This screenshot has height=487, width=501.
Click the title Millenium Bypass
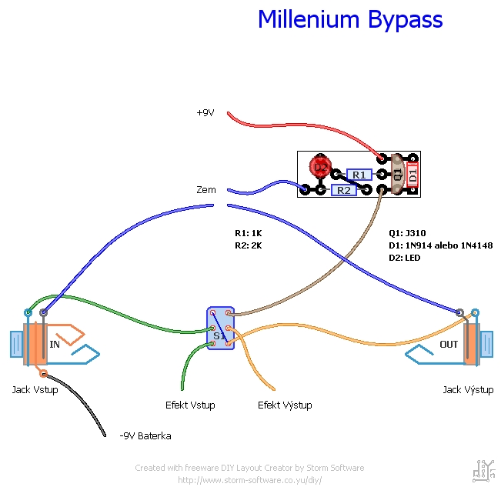point(350,19)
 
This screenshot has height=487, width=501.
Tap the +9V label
point(205,112)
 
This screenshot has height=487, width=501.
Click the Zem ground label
point(206,189)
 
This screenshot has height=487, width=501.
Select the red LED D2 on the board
point(319,165)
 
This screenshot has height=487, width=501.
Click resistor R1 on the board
point(359,175)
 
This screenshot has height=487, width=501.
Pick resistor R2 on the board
point(343,190)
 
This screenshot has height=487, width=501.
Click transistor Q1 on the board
point(397,174)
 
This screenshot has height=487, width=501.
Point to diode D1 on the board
point(412,175)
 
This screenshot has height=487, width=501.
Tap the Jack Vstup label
point(35,389)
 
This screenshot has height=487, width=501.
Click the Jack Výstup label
point(468,390)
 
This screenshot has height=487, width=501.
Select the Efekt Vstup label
point(190,405)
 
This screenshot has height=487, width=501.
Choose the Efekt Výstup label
point(284,405)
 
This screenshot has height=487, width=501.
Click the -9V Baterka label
point(145,435)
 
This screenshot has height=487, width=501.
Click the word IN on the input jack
point(55,344)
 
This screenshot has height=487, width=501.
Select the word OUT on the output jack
point(448,344)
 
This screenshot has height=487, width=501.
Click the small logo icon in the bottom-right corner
point(483,469)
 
